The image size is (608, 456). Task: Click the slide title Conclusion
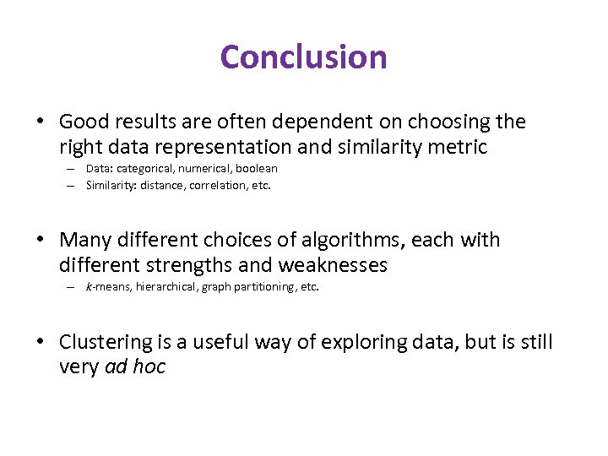tap(303, 57)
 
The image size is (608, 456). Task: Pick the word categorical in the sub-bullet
tap(146, 169)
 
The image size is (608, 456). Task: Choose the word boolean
tap(256, 169)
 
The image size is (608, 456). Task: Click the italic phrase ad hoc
tap(135, 367)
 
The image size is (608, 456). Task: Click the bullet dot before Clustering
tap(41, 343)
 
